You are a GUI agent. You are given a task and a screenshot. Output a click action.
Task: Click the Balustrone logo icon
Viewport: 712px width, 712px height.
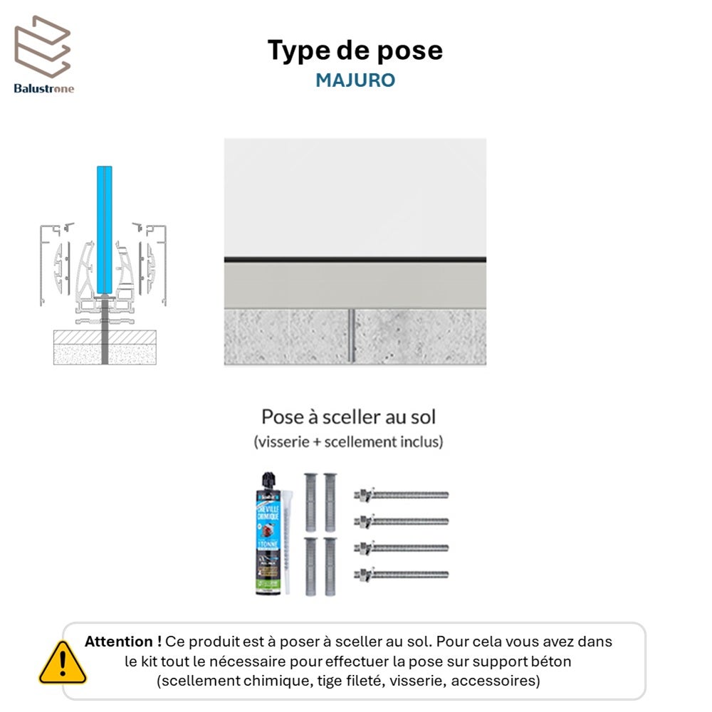pyautogui.click(x=43, y=46)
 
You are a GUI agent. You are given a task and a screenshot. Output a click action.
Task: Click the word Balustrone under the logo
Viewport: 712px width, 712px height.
pyautogui.click(x=43, y=88)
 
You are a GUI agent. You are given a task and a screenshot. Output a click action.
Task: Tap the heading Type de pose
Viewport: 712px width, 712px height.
pyautogui.click(x=355, y=51)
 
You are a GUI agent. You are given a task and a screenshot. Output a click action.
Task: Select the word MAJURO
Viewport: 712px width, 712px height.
pyautogui.click(x=355, y=80)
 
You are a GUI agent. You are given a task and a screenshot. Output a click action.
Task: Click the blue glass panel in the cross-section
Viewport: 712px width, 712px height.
pyautogui.click(x=105, y=228)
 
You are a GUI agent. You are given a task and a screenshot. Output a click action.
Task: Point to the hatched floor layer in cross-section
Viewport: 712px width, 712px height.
pyautogui.click(x=105, y=337)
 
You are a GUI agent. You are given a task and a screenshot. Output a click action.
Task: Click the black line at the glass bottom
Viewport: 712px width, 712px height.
pyautogui.click(x=355, y=259)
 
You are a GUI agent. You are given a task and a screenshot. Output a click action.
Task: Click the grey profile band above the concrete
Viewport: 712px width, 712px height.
pyautogui.click(x=355, y=285)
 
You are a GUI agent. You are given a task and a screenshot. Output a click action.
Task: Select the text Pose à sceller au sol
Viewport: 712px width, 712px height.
pyautogui.click(x=348, y=417)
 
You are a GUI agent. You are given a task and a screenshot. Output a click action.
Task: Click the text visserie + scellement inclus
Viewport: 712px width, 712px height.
pyautogui.click(x=348, y=441)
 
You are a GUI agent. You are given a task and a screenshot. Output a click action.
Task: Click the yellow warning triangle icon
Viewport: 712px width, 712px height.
pyautogui.click(x=62, y=664)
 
